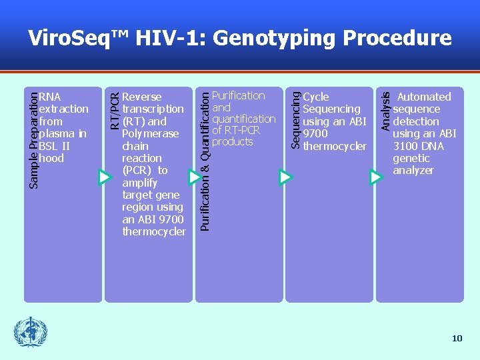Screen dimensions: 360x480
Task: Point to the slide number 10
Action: point(457,339)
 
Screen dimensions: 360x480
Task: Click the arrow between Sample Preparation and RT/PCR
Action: point(104,177)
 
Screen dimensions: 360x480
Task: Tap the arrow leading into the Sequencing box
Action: point(285,177)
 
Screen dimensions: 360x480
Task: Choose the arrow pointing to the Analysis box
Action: point(376,177)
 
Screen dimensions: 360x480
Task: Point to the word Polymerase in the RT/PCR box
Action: point(151,133)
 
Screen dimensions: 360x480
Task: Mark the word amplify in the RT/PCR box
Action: point(140,183)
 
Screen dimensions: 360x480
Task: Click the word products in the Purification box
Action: point(233,141)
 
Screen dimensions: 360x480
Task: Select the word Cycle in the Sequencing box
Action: point(316,97)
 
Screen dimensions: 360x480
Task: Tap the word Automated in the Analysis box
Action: point(424,97)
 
